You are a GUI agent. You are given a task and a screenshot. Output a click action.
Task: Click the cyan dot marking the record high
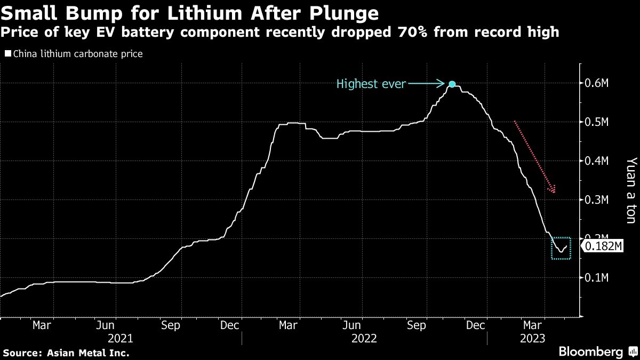click(x=452, y=84)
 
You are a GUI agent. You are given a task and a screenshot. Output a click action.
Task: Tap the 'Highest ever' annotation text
click(x=371, y=84)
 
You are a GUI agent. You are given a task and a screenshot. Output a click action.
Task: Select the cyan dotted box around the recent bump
click(x=561, y=249)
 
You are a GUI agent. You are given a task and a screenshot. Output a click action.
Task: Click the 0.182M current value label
click(x=604, y=246)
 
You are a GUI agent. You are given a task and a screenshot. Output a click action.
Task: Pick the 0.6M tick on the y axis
click(x=597, y=84)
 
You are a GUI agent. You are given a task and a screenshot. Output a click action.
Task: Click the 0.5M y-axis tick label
click(x=597, y=123)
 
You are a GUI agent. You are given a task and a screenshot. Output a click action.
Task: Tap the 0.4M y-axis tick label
click(x=597, y=161)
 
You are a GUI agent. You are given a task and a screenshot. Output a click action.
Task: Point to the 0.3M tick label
click(x=597, y=200)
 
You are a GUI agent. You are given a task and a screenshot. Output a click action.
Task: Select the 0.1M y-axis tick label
click(x=597, y=277)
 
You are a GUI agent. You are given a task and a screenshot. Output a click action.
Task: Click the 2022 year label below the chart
click(x=364, y=338)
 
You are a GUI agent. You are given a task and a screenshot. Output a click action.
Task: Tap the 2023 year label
click(x=533, y=338)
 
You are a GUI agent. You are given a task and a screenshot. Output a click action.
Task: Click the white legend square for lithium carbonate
click(x=7, y=54)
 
